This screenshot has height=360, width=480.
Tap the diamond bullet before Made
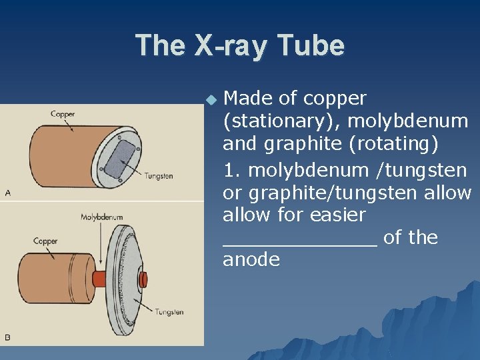211,99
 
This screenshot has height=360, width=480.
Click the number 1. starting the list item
233,171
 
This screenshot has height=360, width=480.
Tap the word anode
251,259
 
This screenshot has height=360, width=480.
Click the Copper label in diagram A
63,114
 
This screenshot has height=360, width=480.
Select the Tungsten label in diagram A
159,176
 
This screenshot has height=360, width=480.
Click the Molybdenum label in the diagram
101,217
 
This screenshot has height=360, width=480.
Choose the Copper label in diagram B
45,241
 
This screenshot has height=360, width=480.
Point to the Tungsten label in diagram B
169,311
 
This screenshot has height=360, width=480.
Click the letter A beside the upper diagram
8,193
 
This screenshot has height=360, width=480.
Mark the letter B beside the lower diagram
8,337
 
